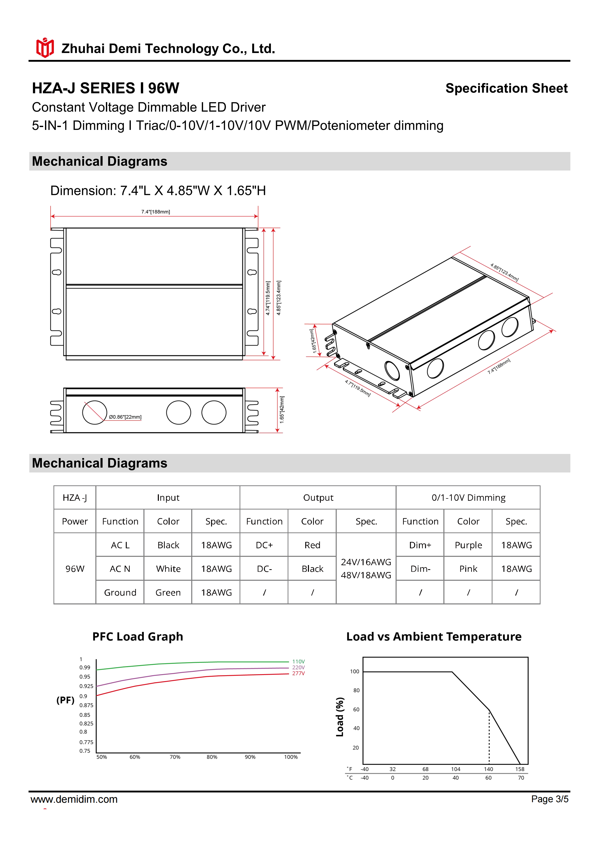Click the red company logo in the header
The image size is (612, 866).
point(45,48)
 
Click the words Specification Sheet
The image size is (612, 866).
point(506,88)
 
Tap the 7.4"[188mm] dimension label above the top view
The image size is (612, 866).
point(156,212)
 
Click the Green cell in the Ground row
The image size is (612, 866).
point(168,593)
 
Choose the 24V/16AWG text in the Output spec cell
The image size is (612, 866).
point(366,562)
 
